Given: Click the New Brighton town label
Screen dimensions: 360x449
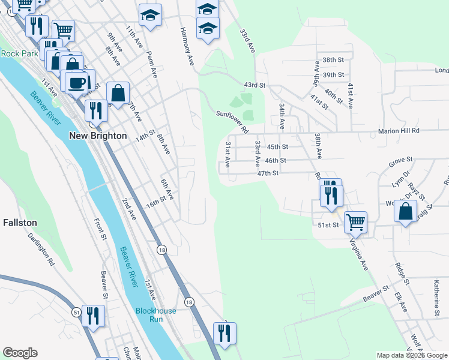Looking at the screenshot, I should pyautogui.click(x=98, y=136).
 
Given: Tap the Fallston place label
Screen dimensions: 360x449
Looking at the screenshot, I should pyautogui.click(x=20, y=223).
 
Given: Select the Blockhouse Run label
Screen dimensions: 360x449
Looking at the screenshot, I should pyautogui.click(x=155, y=315).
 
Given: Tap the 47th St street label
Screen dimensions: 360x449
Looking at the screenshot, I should pyautogui.click(x=268, y=173).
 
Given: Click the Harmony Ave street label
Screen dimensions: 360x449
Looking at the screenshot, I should pyautogui.click(x=187, y=46).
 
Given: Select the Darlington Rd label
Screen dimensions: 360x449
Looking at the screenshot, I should pyautogui.click(x=41, y=249).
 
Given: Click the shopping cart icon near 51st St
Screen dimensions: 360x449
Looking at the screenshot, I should pyautogui.click(x=355, y=222).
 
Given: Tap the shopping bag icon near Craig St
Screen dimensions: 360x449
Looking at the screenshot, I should pyautogui.click(x=406, y=211).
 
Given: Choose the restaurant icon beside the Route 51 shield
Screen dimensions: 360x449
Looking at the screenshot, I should pyautogui.click(x=92, y=316).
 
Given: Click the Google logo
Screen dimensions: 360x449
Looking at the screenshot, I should pyautogui.click(x=20, y=353).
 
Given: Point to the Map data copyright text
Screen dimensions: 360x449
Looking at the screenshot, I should pyautogui.click(x=411, y=355).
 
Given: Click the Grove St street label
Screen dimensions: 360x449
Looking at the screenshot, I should pyautogui.click(x=401, y=161).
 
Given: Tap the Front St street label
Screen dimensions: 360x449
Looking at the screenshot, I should pyautogui.click(x=99, y=230).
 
